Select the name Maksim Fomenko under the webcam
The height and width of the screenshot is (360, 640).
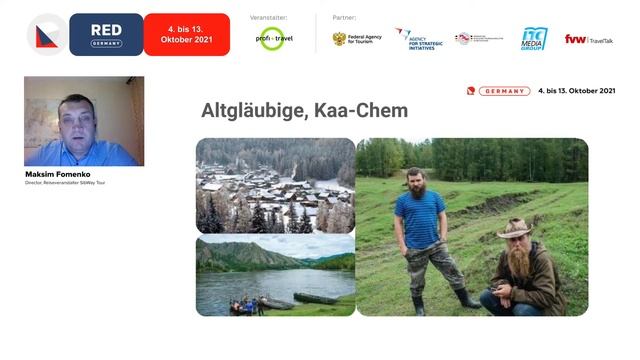[x=59, y=174]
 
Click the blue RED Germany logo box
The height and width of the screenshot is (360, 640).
[x=106, y=34]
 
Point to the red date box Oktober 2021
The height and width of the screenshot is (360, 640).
[x=187, y=34]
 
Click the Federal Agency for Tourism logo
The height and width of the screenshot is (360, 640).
[x=357, y=39]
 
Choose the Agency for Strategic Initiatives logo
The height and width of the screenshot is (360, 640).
[x=419, y=39]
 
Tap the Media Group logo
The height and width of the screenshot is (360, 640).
[x=534, y=39]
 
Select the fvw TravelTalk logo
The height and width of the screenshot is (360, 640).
[x=589, y=39]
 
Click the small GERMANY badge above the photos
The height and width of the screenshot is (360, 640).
[x=504, y=91]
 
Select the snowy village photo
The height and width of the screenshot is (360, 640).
[x=275, y=185]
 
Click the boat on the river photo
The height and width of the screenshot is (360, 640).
[x=315, y=298]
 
